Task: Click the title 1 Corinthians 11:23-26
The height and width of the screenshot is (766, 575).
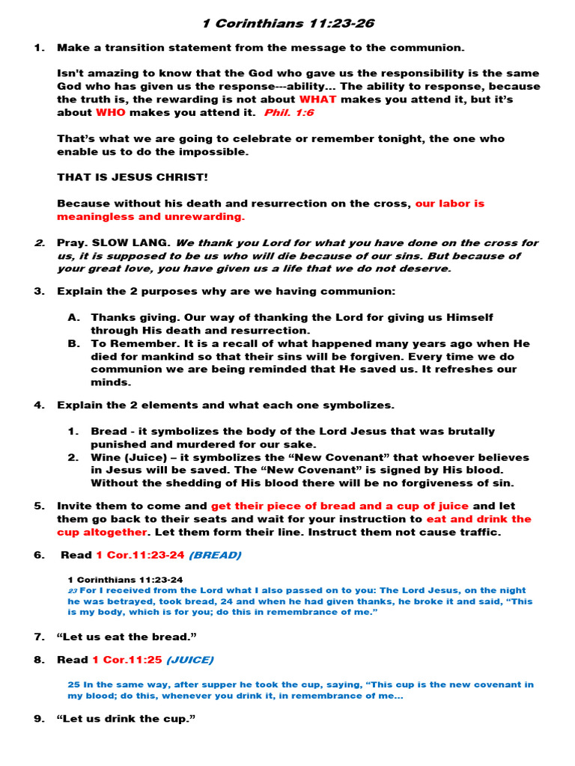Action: click(x=288, y=24)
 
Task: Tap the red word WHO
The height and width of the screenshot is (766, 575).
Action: click(x=110, y=113)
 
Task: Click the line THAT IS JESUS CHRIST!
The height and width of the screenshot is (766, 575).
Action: click(x=133, y=177)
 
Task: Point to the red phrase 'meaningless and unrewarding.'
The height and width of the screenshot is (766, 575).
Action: click(x=150, y=216)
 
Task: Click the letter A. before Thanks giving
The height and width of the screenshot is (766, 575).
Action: click(x=73, y=318)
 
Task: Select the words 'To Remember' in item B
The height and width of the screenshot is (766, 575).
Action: click(x=124, y=343)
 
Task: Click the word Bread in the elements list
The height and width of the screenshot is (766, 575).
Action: click(x=107, y=432)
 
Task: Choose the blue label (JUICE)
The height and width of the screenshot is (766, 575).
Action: click(x=189, y=660)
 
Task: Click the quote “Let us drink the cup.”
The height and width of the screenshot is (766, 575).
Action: click(x=127, y=719)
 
